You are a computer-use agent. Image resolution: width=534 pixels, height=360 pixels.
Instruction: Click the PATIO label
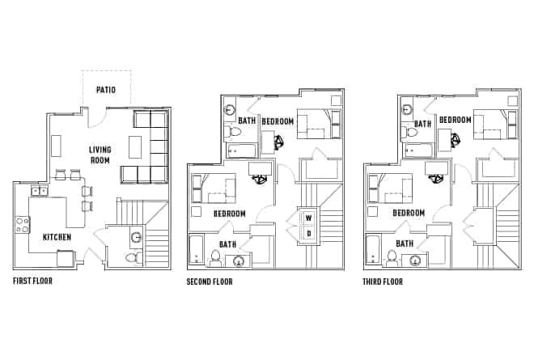(x=105, y=90)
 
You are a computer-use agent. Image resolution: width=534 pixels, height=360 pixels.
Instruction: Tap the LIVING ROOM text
(x=100, y=155)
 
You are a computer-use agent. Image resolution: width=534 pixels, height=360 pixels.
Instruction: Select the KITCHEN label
(x=57, y=237)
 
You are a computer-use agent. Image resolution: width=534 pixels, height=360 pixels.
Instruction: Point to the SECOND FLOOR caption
(x=210, y=282)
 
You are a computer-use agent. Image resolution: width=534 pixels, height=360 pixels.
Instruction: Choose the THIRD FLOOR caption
(x=383, y=282)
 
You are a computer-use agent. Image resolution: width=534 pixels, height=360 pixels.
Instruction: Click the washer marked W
(x=308, y=218)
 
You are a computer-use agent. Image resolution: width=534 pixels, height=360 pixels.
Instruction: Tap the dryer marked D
(x=308, y=234)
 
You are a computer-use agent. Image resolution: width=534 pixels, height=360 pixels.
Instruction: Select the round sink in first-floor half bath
(x=136, y=238)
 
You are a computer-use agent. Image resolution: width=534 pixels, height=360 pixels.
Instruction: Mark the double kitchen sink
(x=37, y=191)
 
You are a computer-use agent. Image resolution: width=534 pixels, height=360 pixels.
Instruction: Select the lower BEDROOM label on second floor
(x=230, y=214)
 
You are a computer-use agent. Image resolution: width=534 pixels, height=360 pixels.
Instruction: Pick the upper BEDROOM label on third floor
(x=456, y=121)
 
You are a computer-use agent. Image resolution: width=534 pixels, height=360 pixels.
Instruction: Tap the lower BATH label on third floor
(x=405, y=244)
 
